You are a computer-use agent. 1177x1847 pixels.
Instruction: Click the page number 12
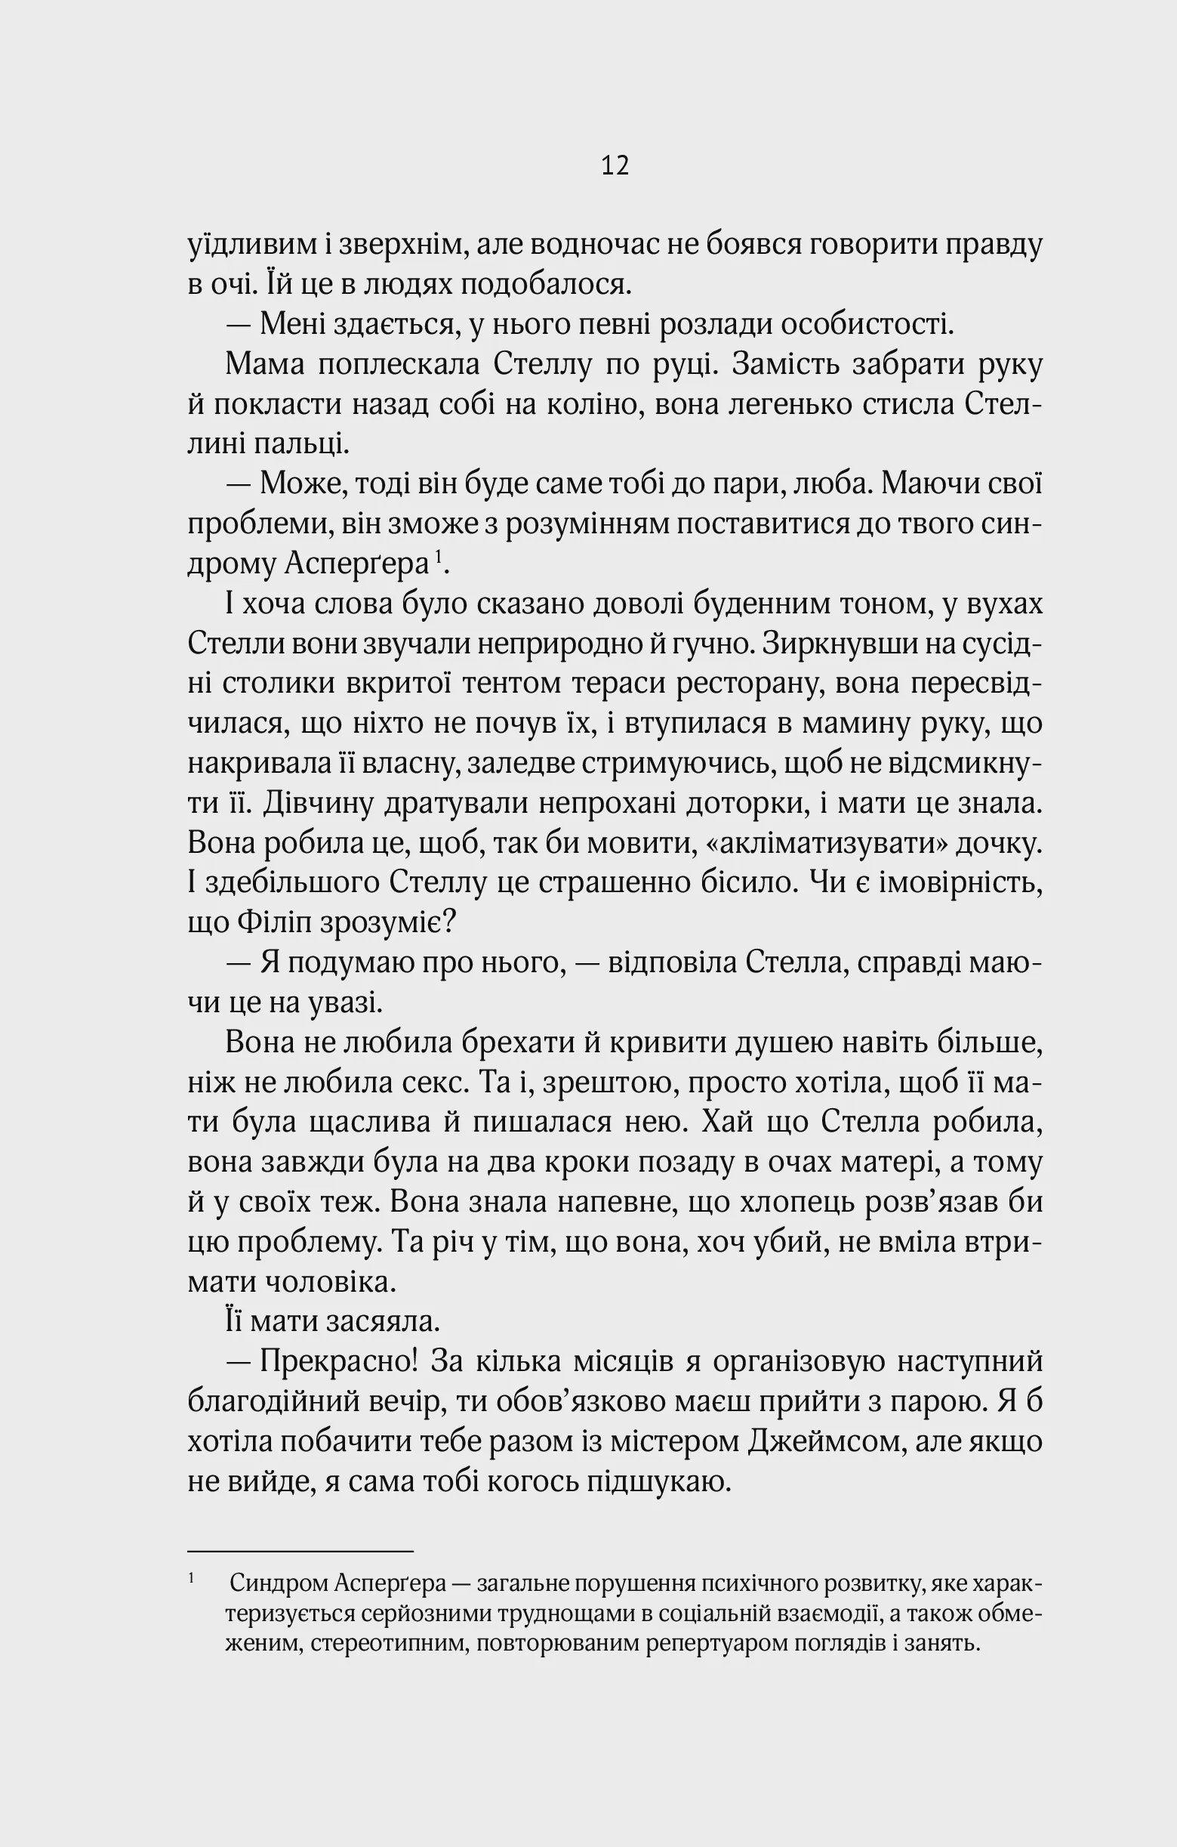615,165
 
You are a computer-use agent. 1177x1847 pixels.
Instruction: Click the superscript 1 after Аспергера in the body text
438,555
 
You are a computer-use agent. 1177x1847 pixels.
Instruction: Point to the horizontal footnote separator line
300,1552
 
